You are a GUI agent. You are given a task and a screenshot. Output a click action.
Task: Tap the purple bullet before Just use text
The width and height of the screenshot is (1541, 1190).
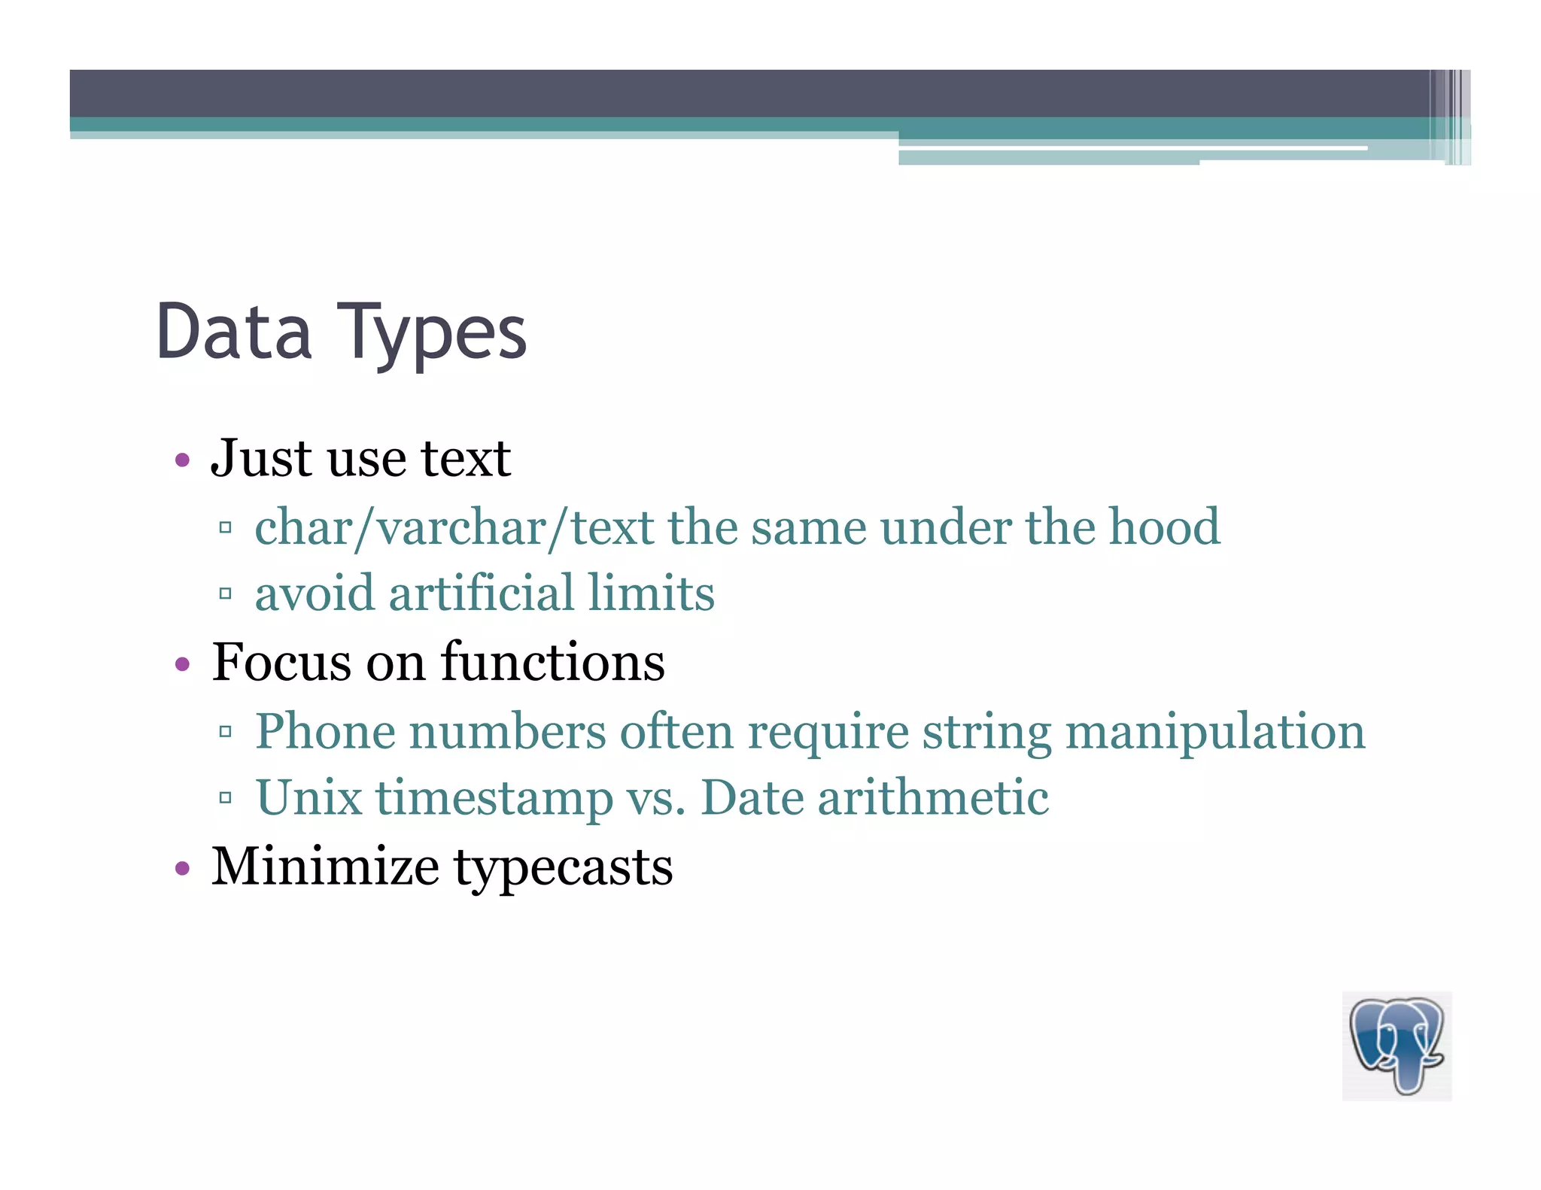(181, 460)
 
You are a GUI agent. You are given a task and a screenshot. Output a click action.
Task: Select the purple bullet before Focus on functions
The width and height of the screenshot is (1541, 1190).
(181, 663)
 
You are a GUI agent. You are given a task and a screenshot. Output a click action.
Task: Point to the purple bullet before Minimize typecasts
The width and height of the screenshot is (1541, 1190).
(181, 868)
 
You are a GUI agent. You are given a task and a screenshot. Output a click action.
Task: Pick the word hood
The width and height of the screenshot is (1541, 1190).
(1164, 527)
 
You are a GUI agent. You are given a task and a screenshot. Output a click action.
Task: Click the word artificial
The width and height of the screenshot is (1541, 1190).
(481, 593)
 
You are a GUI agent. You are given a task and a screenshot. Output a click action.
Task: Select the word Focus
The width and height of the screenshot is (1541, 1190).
(281, 662)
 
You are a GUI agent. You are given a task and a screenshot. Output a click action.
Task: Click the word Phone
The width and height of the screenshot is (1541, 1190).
(325, 731)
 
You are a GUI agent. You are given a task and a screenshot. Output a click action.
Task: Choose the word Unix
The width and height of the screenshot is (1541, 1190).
(309, 797)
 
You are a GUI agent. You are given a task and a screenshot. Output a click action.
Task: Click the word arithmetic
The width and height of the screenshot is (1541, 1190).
(933, 797)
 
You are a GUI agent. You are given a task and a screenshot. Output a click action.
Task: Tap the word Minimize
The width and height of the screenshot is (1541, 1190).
(325, 867)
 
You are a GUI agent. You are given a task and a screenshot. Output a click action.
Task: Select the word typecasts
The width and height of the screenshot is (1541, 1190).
(563, 870)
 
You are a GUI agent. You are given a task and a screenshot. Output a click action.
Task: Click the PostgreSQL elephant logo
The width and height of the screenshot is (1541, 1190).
(1397, 1046)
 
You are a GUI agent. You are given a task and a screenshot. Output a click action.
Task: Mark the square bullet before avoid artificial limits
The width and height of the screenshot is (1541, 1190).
(225, 594)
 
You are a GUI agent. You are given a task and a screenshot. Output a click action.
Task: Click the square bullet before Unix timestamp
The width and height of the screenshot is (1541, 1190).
(225, 797)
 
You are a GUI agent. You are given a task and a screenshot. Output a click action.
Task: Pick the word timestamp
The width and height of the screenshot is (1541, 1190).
(494, 799)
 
